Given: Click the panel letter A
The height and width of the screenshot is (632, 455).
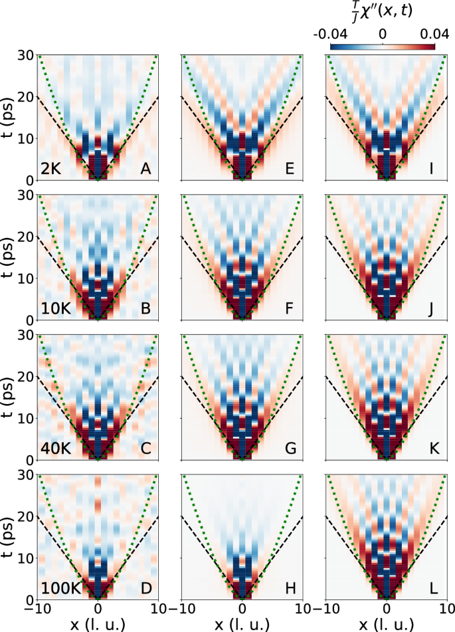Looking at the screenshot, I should point(145,169).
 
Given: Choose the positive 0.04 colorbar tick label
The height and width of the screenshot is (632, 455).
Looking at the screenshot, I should point(420,33).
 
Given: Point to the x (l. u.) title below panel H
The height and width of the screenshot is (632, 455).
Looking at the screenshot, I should point(242,623).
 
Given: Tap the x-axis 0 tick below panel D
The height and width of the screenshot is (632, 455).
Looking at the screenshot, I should point(98,609).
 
